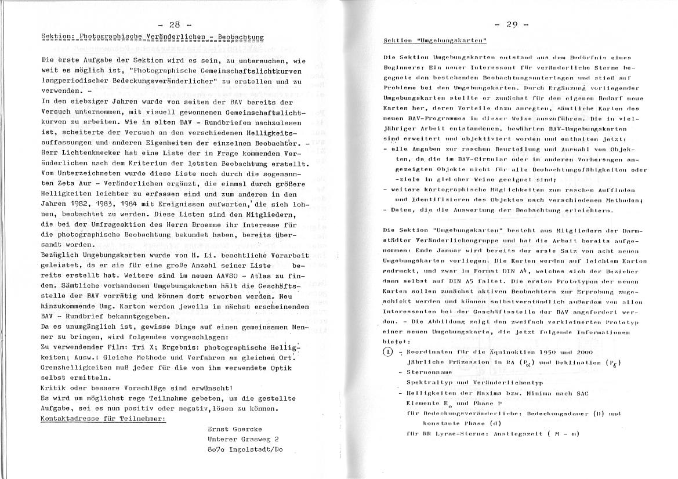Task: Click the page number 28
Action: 174,24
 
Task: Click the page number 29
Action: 512,24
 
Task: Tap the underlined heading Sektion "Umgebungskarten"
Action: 435,41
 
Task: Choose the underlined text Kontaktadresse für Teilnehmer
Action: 103,418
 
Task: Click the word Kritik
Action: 54,387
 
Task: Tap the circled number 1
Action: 388,352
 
